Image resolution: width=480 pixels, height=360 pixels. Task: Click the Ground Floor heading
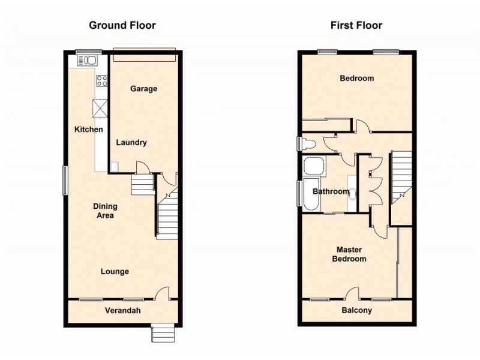[122, 25]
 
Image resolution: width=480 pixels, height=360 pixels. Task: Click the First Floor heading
[356, 25]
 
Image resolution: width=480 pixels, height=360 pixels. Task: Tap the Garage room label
[144, 89]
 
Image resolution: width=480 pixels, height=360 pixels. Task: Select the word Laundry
[131, 143]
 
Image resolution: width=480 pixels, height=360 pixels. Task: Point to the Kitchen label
[88, 130]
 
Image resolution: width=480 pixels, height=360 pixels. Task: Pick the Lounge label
[115, 272]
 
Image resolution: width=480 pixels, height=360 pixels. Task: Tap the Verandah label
[123, 311]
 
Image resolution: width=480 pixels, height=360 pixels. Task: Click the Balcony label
[357, 311]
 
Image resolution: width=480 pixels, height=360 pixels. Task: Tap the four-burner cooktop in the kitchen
[101, 80]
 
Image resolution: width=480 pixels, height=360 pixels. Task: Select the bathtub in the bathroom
[312, 194]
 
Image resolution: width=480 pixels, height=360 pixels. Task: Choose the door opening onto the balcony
[353, 295]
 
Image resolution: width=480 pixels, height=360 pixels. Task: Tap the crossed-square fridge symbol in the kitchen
[99, 109]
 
